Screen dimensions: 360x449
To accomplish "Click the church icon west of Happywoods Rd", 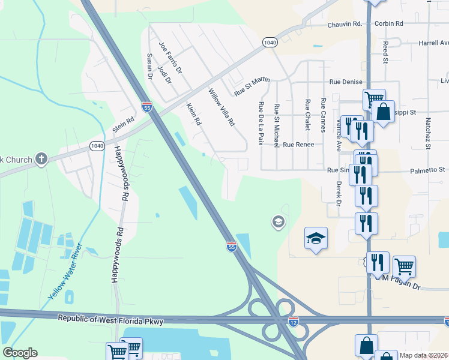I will (41, 159).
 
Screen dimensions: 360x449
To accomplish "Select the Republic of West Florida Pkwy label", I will (110, 321).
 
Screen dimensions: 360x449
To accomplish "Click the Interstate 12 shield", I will (294, 322).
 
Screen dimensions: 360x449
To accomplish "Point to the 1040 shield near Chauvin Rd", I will (270, 42).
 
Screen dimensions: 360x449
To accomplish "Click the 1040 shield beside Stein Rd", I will (97, 145).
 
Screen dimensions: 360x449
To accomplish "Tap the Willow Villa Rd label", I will (220, 108).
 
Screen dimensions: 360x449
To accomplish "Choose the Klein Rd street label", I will (193, 114).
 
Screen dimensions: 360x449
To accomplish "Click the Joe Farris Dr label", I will (170, 58).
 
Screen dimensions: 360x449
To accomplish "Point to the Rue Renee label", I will (298, 145).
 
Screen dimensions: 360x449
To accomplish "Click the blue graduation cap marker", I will (316, 239).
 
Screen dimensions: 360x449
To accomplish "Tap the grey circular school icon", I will (278, 223).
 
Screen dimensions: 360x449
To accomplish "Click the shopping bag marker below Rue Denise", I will (383, 111).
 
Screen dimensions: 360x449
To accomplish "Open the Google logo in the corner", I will (20, 353).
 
